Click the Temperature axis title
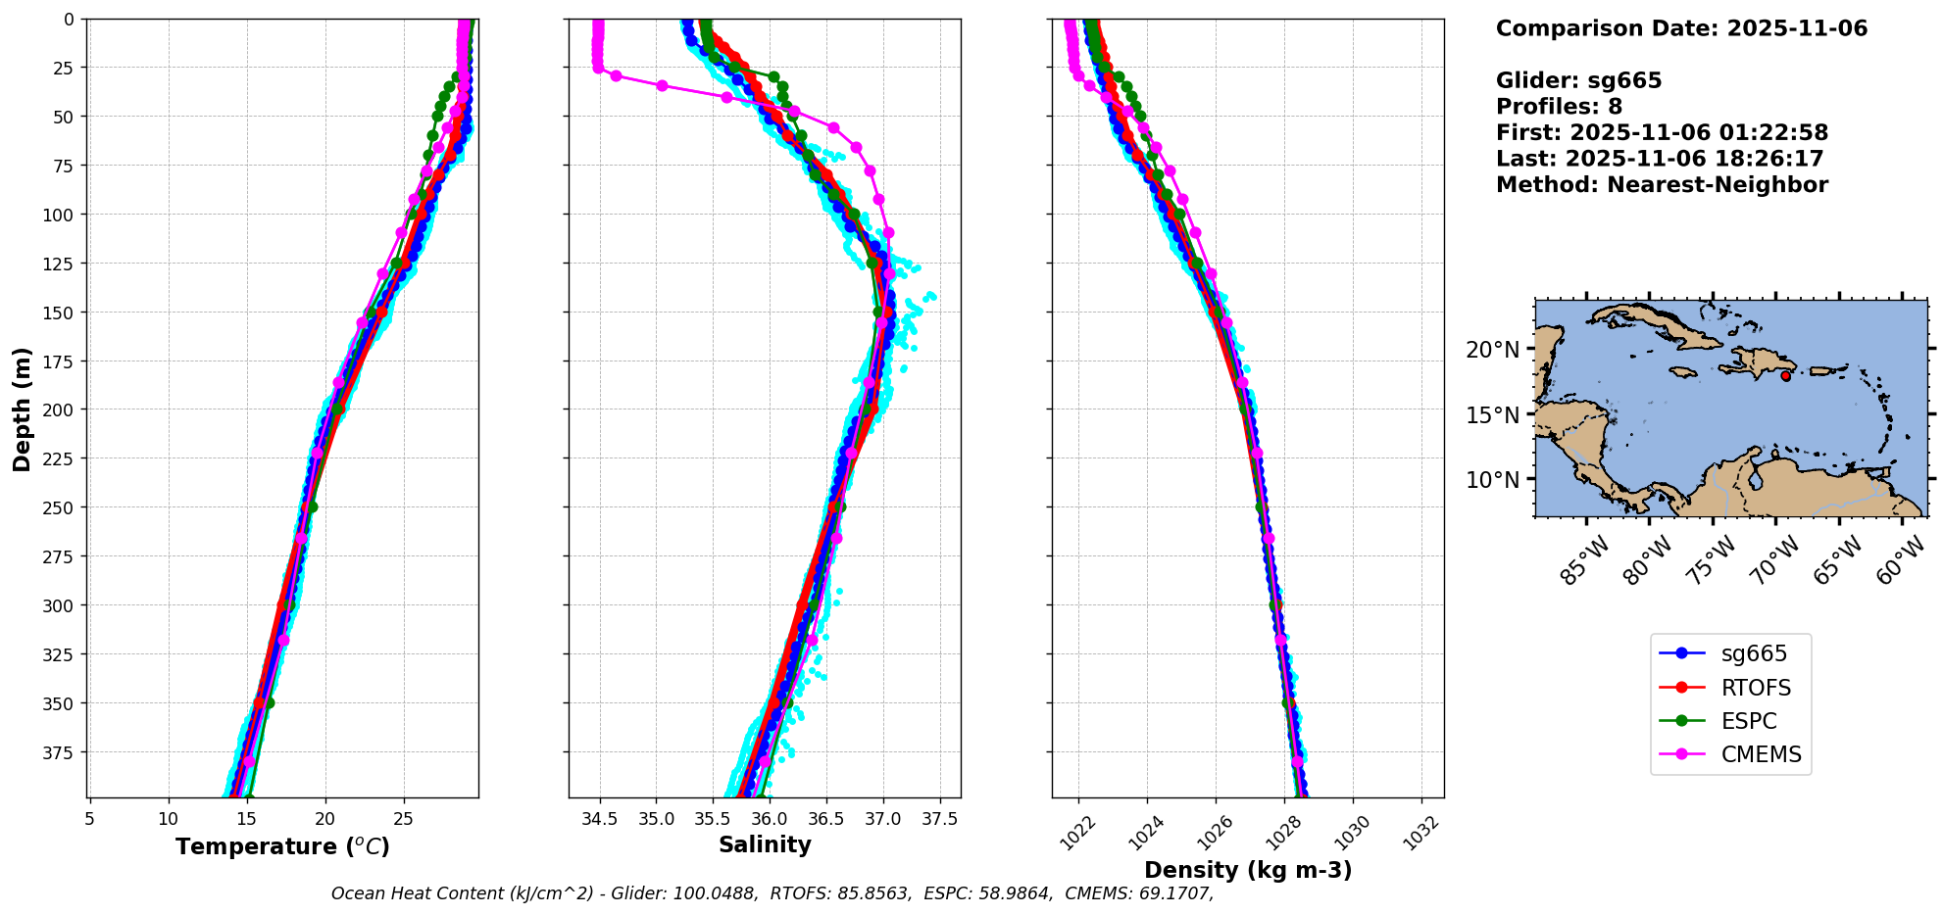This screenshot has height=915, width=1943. click(x=282, y=846)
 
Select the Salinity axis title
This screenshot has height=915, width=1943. click(x=765, y=844)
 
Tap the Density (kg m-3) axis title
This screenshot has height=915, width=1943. click(x=1248, y=870)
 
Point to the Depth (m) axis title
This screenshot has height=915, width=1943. click(x=22, y=409)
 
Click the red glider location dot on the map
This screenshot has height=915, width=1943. click(x=1785, y=376)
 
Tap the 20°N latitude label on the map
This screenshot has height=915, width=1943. click(x=1492, y=350)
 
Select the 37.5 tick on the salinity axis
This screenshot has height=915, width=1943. click(x=939, y=819)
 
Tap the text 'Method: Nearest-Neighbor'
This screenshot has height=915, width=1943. click(x=1662, y=185)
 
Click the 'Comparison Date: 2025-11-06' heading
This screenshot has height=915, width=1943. click(x=1681, y=28)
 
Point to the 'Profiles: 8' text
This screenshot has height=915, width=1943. click(x=1559, y=107)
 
